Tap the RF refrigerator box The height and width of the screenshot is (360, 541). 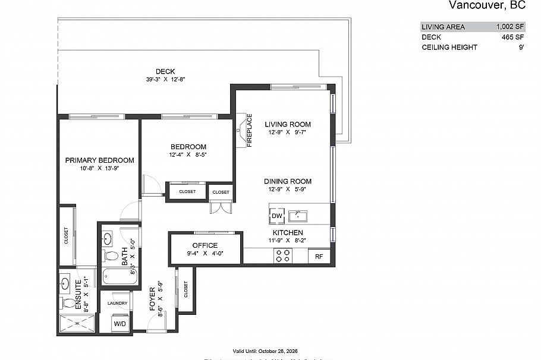(319, 257)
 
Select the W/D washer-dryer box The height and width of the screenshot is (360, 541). (119, 324)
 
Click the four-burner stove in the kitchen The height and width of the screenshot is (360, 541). (282, 255)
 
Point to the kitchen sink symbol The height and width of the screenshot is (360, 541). (297, 214)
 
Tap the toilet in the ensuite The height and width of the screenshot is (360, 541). (68, 304)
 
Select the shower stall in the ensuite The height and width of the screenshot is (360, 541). (76, 324)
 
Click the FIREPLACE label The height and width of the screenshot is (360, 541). (250, 130)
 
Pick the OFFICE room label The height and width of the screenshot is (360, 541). (205, 245)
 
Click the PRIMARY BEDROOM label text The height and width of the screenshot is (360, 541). (99, 160)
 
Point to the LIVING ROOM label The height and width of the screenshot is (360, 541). (288, 125)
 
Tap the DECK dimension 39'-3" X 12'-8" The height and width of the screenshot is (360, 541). (165, 80)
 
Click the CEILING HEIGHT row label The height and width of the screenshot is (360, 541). (449, 47)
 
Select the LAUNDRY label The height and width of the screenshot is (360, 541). (118, 303)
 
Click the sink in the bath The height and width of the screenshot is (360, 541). (108, 239)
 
